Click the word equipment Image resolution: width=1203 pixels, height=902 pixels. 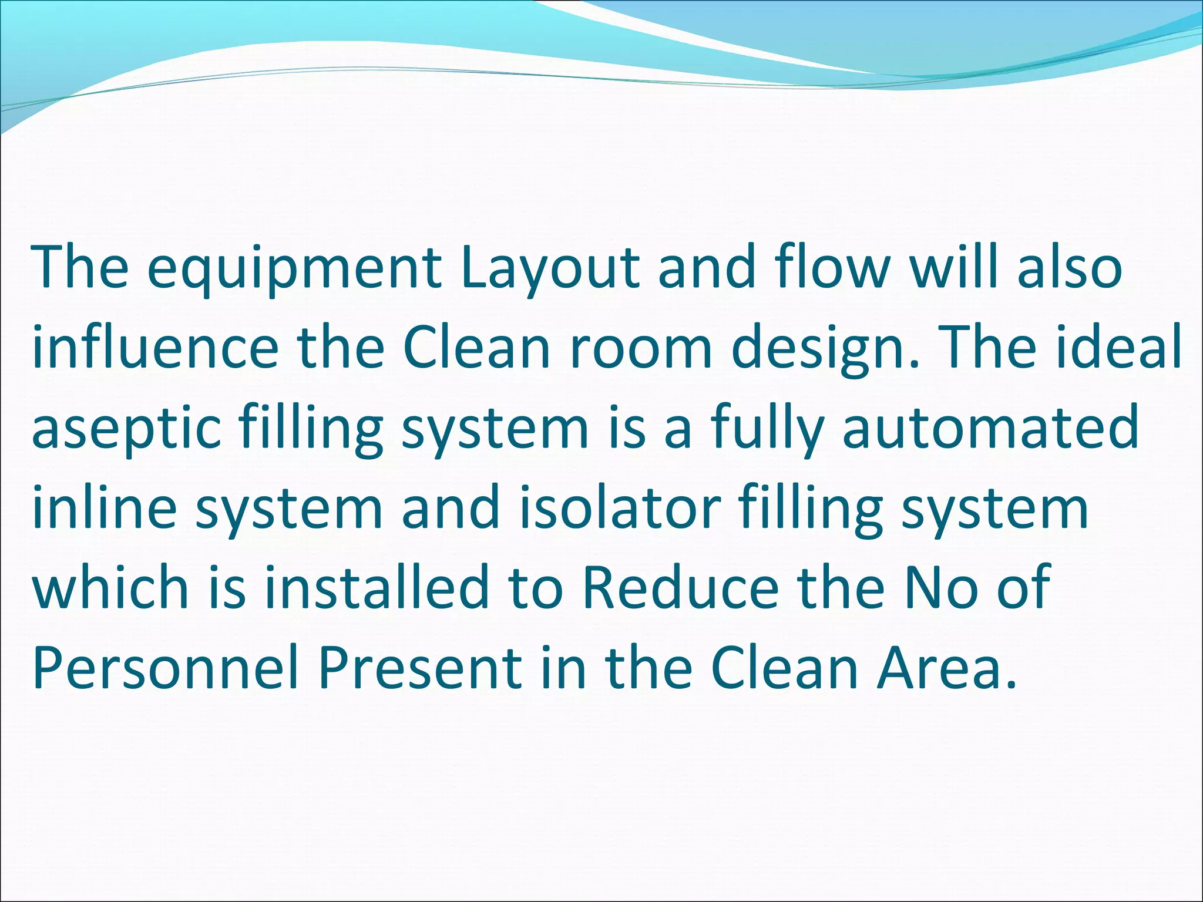pyautogui.click(x=294, y=269)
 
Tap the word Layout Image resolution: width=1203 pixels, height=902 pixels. pyautogui.click(x=549, y=269)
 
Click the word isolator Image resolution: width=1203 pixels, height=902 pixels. pyautogui.click(x=620, y=507)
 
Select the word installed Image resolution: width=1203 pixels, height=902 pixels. pyautogui.click(x=377, y=587)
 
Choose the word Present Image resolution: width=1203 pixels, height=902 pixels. pyautogui.click(x=421, y=668)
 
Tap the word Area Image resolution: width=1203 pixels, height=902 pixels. pyautogui.click(x=946, y=668)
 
